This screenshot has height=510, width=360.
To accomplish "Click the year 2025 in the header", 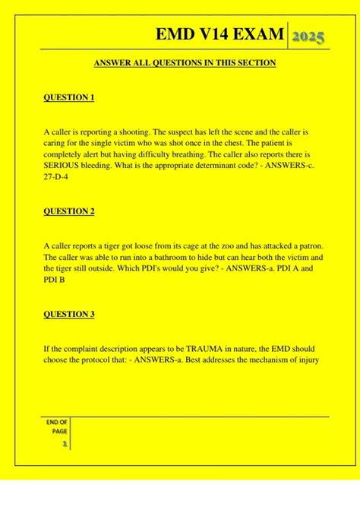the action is coord(310,36).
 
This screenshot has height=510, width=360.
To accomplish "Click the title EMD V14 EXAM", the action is coord(220,35).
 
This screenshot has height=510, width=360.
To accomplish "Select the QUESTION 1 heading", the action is coord(68,97).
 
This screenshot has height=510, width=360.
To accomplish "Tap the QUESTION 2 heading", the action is coord(68,211).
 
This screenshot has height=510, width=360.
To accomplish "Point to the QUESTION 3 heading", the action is coord(68,314).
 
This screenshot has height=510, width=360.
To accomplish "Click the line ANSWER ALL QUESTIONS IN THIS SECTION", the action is coord(185,63).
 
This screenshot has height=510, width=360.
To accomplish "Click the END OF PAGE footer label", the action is coord(58,426).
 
